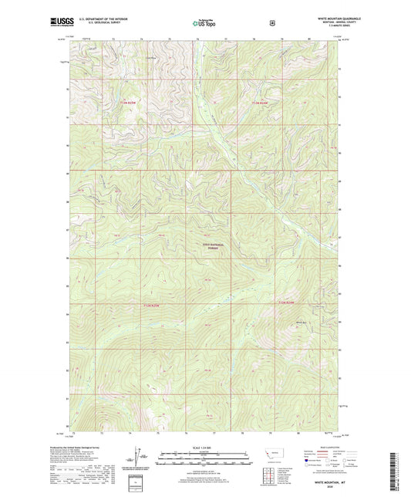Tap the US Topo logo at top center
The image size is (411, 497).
click(204, 23)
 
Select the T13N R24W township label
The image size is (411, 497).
click(263, 101)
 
